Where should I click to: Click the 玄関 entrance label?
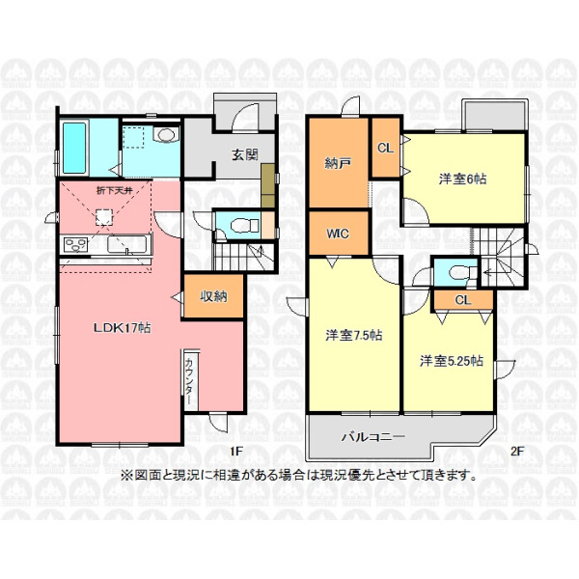(245, 154)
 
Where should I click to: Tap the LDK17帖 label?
(123, 327)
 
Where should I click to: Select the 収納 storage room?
(213, 296)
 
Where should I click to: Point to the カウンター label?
(188, 381)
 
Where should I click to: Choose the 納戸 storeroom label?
(338, 163)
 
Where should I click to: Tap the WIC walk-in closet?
(339, 234)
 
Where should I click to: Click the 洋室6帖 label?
(462, 179)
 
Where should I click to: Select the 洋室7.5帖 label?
(354, 335)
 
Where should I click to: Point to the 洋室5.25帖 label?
(452, 361)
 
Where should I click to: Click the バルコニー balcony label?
(372, 437)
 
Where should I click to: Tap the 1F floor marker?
(236, 451)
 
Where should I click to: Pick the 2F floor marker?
(517, 451)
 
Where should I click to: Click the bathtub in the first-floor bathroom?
(74, 148)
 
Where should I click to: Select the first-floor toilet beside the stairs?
(244, 225)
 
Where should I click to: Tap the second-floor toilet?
(461, 272)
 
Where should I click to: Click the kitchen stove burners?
(75, 244)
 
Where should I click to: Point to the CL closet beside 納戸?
(385, 148)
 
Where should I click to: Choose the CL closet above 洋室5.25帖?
(463, 299)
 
